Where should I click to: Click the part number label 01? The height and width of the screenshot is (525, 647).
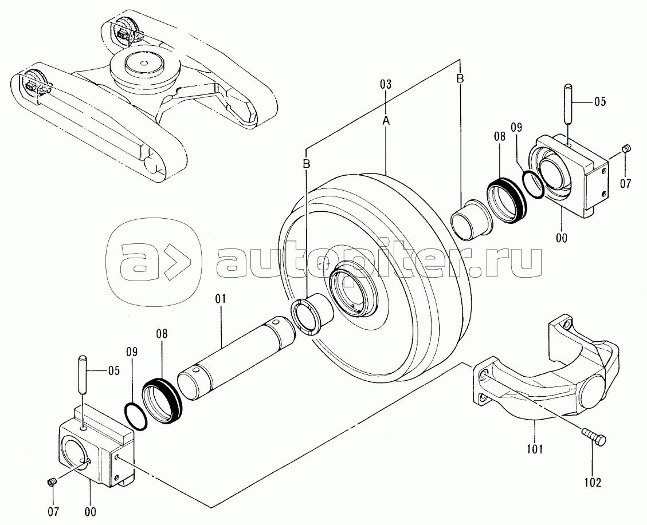(x=221, y=298)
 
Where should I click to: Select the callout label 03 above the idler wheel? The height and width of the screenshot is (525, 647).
(x=385, y=85)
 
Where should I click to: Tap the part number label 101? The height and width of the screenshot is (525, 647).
(x=535, y=448)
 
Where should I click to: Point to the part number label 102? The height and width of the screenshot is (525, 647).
(x=593, y=483)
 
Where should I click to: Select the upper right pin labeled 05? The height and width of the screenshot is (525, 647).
(x=567, y=102)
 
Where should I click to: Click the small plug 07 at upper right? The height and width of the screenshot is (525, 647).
(x=626, y=150)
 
